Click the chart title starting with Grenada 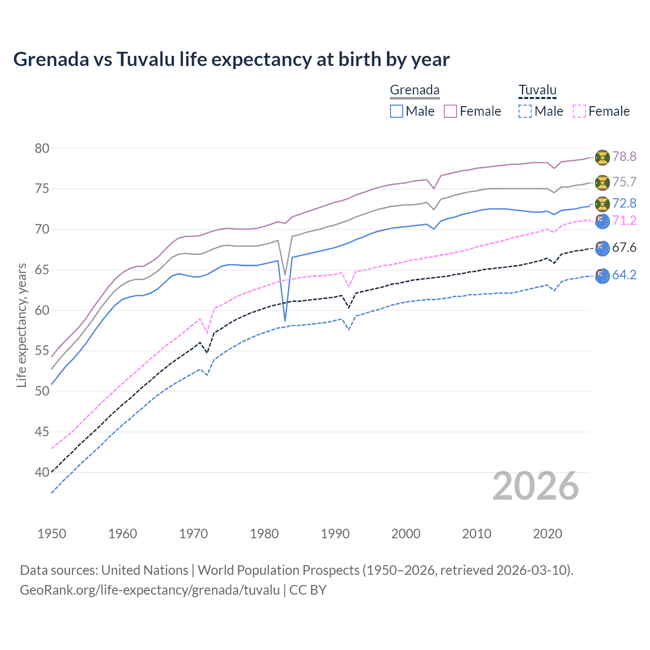coord(231,59)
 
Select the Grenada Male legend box coord(397,111)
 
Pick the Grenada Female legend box coord(450,111)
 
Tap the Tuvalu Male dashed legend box coord(525,111)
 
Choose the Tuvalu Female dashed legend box coord(579,111)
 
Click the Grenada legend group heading coord(414,90)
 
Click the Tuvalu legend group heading coord(537,90)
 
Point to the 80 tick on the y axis coord(42,149)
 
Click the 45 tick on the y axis coord(42,432)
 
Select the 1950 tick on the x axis coord(52,534)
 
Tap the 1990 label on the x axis coord(335,534)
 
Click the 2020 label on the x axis coord(547,534)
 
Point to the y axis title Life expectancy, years coord(21,325)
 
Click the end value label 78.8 coord(624,157)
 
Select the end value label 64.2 coord(624,275)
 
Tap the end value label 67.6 coord(624,248)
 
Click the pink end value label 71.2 coord(624,220)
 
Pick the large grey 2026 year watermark coord(536,486)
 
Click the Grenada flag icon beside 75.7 coord(602,182)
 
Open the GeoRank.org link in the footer coord(150,590)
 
